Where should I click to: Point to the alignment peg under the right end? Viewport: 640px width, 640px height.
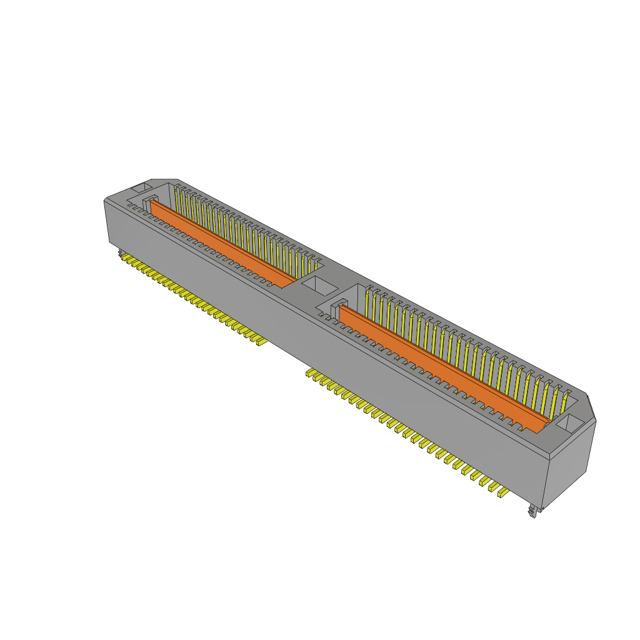pos(533,512)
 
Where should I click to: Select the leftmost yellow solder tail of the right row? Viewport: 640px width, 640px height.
pos(309,373)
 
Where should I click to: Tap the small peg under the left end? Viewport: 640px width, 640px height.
pos(119,252)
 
